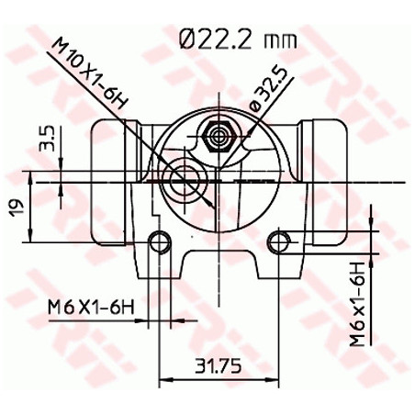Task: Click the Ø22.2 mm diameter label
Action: (239, 39)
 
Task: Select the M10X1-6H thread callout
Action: (89, 73)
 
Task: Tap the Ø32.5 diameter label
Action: (269, 88)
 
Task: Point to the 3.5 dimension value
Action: (48, 139)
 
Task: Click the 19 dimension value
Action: (17, 208)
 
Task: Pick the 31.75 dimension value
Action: (219, 366)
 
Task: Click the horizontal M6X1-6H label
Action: (91, 308)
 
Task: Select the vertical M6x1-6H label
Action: (358, 303)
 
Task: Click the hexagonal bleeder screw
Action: (219, 137)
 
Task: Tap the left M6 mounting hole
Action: (160, 242)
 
